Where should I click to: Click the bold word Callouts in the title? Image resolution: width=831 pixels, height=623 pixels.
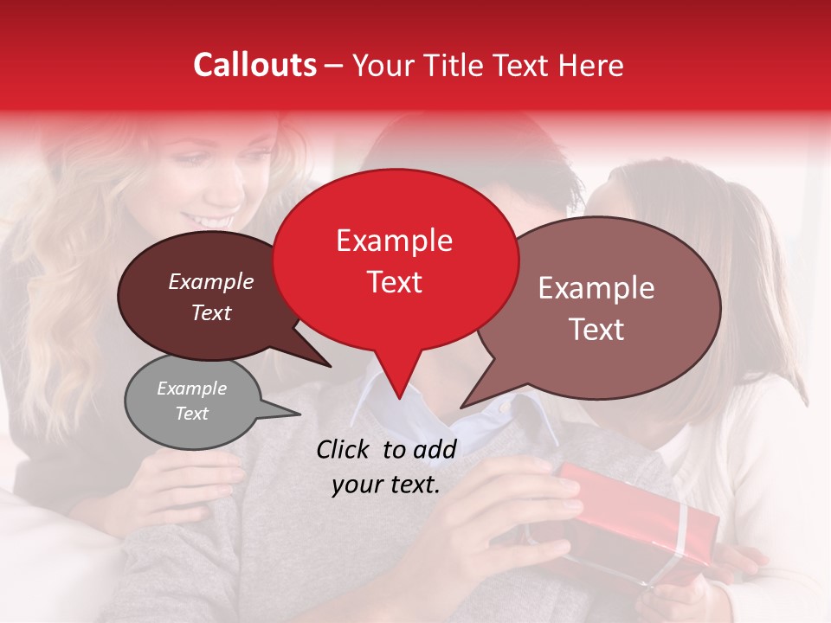pyautogui.click(x=254, y=65)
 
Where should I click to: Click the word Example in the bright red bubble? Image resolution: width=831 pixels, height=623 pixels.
pyautogui.click(x=394, y=241)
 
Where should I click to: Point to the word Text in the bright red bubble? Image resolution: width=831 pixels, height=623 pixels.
pyautogui.click(x=394, y=282)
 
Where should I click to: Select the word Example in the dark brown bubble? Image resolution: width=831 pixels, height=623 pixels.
pyautogui.click(x=210, y=281)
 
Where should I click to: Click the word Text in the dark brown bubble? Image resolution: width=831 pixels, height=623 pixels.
pyautogui.click(x=210, y=312)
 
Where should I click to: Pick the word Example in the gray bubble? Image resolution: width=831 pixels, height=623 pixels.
pyautogui.click(x=191, y=389)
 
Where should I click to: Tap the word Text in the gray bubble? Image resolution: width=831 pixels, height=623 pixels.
pyautogui.click(x=191, y=414)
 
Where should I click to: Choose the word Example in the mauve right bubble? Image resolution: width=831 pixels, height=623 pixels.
pyautogui.click(x=596, y=288)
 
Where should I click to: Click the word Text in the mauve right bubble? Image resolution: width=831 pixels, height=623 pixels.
pyautogui.click(x=596, y=330)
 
